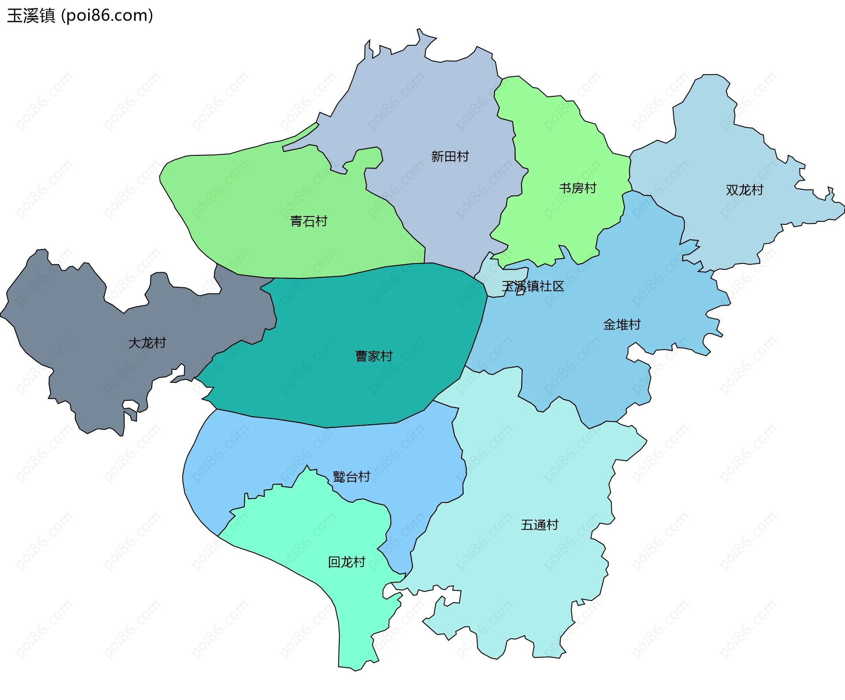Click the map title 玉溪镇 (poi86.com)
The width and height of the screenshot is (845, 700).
pos(80,16)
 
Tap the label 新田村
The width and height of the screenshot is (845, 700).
pos(450,156)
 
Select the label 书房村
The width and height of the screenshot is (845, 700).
pos(577,188)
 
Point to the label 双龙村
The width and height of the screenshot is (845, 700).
pos(744,190)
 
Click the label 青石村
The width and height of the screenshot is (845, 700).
pos(309,221)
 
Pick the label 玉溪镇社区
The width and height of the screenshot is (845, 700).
pos(533,286)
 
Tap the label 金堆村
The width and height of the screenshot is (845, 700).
pos(621,325)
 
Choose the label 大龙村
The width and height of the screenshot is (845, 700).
pos(147,343)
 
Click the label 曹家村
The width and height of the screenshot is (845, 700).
pos(374,356)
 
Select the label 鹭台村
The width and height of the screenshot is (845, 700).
pos(351,476)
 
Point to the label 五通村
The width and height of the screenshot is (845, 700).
pos(540,525)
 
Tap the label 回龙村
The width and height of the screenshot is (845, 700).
pos(346,562)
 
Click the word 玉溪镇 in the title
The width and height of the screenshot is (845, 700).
pos(31,16)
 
